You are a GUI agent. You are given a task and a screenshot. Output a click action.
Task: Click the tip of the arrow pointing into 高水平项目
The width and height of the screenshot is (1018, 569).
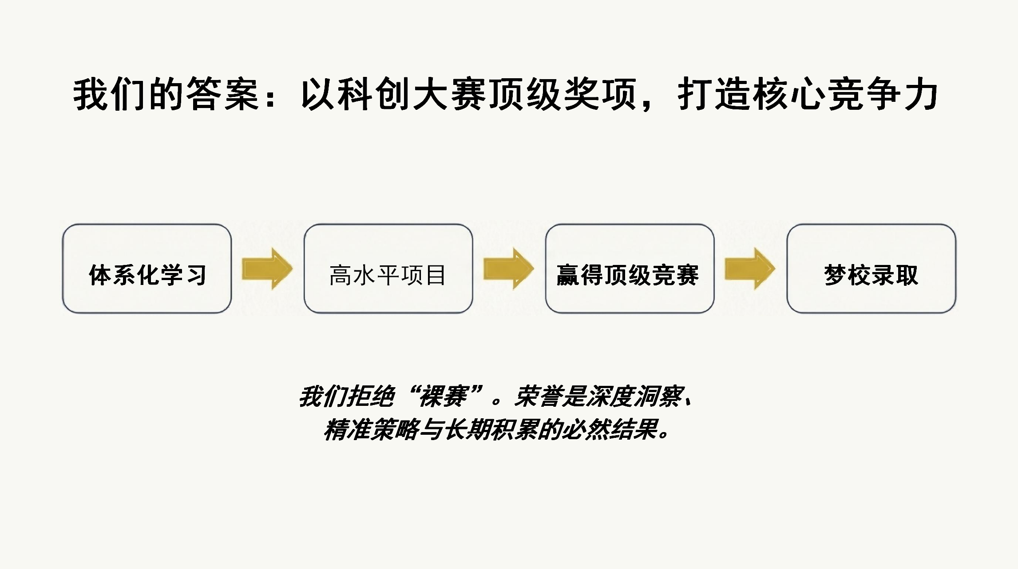[293, 268]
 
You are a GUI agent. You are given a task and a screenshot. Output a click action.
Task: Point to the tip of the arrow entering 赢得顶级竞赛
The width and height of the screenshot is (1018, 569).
[534, 268]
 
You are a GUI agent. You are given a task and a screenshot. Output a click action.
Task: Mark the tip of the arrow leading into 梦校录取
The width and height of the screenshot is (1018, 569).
[775, 268]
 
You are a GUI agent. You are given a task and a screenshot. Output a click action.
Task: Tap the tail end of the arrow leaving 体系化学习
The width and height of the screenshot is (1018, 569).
[242, 268]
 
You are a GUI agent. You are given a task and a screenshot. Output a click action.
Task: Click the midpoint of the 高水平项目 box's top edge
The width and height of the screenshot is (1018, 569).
[388, 224]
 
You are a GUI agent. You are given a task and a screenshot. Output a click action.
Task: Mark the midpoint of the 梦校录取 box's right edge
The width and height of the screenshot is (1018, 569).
[955, 268]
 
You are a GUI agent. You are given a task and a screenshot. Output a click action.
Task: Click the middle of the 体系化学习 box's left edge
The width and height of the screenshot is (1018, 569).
[63, 268]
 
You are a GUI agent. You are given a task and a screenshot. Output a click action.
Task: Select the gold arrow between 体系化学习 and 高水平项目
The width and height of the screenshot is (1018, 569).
[267, 268]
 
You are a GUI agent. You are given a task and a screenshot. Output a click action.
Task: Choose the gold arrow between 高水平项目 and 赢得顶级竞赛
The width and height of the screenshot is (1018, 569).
[509, 268]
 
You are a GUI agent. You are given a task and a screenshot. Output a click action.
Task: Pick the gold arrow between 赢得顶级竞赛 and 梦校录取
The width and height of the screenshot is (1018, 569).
[750, 268]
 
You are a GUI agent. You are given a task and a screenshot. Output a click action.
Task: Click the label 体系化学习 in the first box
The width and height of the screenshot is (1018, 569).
[147, 275]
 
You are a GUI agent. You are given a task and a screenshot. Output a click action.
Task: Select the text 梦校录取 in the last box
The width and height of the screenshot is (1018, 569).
[871, 275]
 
